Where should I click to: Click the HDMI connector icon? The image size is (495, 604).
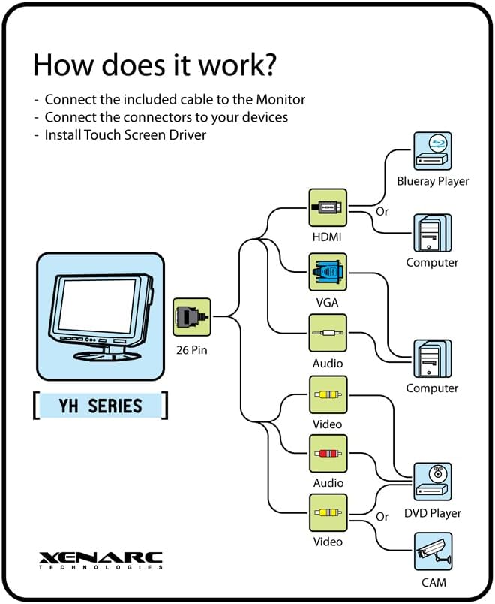(328, 207)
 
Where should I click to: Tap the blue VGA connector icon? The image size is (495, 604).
(328, 273)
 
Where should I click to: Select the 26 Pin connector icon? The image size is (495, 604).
(191, 317)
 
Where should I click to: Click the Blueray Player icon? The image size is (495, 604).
(433, 151)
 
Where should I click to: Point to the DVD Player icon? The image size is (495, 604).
(433, 482)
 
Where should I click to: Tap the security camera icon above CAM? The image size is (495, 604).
(433, 551)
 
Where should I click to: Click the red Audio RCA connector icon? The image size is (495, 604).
(328, 454)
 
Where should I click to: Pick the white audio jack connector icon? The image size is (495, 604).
(328, 333)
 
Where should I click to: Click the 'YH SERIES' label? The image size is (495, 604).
(100, 406)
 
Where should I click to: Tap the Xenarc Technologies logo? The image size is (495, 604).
(100, 560)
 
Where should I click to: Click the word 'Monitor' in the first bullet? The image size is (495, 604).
(280, 99)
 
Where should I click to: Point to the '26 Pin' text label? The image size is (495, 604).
(191, 350)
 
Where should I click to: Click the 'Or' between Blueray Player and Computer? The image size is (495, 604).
(382, 212)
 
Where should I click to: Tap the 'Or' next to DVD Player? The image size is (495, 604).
(382, 517)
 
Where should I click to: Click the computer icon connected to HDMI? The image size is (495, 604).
(433, 233)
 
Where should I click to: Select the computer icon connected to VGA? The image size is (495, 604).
(433, 358)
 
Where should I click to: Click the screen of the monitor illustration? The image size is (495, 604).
(97, 306)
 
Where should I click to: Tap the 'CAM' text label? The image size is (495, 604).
(433, 583)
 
